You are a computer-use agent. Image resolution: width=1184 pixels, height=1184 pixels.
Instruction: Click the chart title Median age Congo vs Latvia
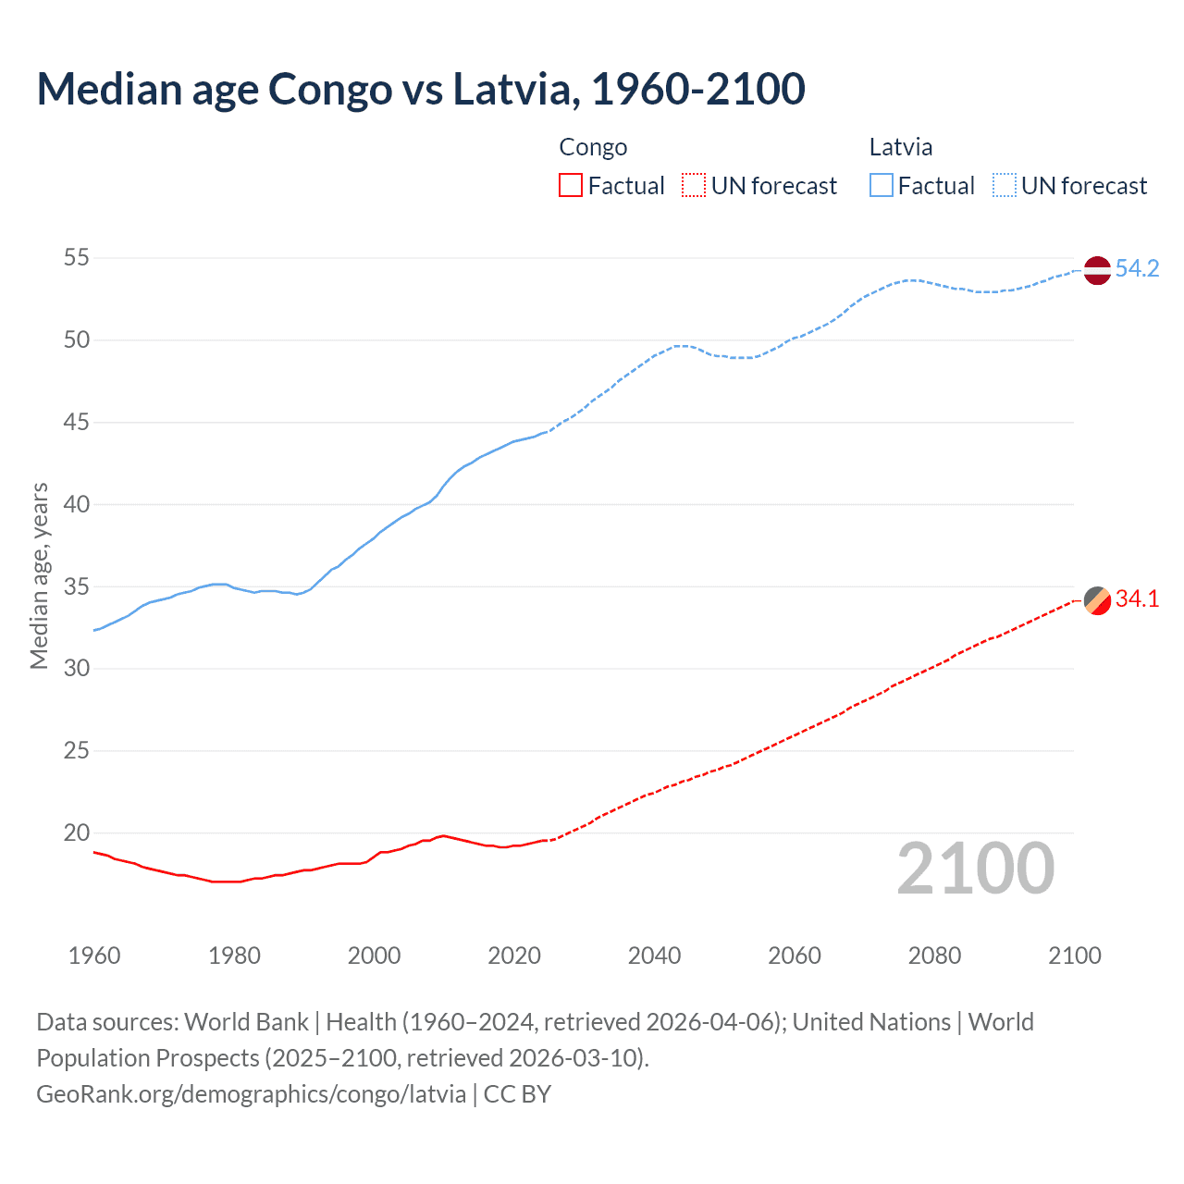tap(421, 89)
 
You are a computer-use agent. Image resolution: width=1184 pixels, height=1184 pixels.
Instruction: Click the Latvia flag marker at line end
tap(1096, 270)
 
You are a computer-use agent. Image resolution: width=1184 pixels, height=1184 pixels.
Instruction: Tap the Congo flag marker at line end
tap(1096, 600)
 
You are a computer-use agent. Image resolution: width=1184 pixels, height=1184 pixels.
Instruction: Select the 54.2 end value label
tap(1137, 269)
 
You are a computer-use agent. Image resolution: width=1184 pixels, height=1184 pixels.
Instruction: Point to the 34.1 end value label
tap(1137, 599)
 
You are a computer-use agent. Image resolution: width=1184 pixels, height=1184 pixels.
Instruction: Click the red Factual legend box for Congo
tap(571, 186)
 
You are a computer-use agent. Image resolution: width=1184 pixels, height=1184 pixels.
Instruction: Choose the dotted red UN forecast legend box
tap(694, 186)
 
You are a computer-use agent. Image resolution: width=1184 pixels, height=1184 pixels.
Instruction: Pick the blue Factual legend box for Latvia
tap(881, 186)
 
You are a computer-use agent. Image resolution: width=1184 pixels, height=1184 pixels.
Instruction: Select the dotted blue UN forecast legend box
tap(1004, 186)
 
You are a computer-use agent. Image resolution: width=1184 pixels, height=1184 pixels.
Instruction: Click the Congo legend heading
tap(593, 147)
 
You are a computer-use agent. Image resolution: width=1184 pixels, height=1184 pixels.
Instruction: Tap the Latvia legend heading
tap(900, 147)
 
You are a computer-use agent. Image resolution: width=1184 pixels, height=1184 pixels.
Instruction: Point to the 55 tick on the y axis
tap(77, 258)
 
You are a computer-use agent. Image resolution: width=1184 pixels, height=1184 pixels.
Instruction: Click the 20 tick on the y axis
tap(77, 832)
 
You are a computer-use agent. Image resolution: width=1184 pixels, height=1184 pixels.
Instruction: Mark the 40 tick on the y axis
tap(77, 504)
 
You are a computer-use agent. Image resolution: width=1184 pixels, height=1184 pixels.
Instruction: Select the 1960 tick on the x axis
tap(94, 956)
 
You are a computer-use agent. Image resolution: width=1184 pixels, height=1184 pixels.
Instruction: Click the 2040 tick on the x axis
tap(654, 956)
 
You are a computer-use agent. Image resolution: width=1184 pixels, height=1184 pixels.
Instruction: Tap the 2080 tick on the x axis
tap(934, 956)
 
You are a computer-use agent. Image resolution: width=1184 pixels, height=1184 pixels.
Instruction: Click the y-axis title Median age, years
tap(39, 575)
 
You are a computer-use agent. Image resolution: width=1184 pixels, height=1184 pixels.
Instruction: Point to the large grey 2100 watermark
tap(975, 868)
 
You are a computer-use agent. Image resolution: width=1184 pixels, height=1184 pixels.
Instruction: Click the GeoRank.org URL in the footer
tap(252, 1094)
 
